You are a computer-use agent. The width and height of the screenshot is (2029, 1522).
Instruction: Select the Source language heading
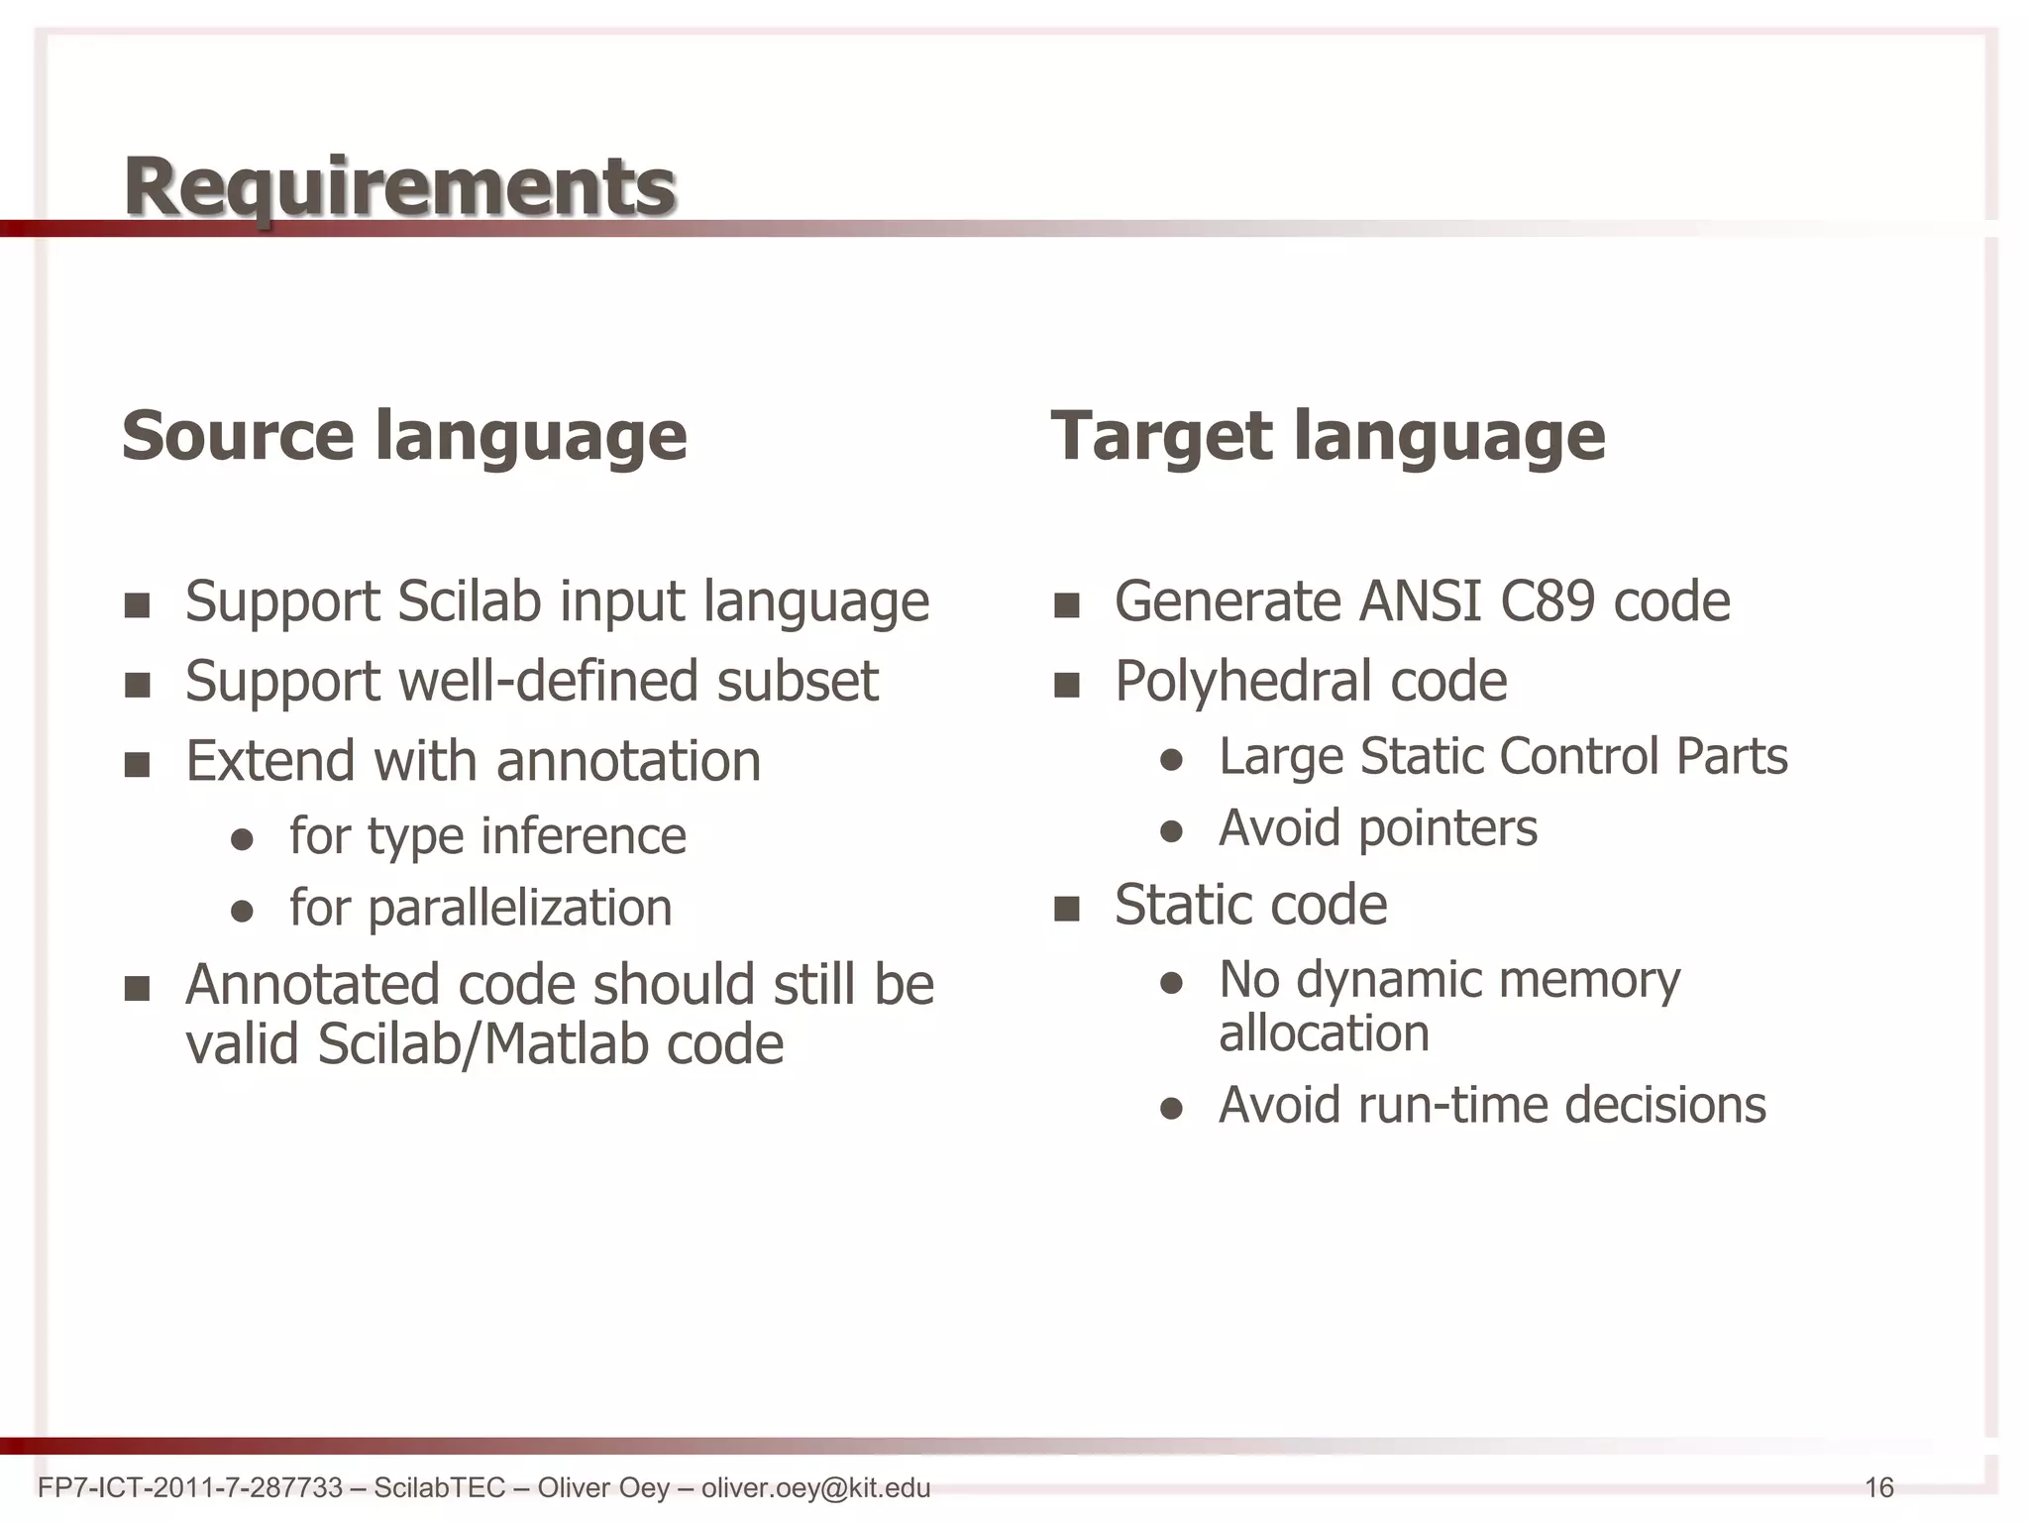(x=404, y=435)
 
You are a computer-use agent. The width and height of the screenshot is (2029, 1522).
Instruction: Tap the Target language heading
(x=1328, y=435)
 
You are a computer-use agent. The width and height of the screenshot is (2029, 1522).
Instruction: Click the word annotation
(x=628, y=761)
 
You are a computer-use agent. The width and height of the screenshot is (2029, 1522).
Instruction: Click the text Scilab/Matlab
(x=482, y=1044)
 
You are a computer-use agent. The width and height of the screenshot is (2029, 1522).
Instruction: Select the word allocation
(x=1324, y=1033)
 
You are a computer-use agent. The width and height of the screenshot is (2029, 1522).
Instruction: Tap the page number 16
(x=1878, y=1487)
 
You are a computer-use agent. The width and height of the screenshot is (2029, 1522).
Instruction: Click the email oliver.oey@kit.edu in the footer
(x=815, y=1487)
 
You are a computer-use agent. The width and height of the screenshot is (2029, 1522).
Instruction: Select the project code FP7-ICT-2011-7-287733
(x=189, y=1487)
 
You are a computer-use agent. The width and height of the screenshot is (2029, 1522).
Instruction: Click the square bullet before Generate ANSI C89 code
(x=1066, y=605)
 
